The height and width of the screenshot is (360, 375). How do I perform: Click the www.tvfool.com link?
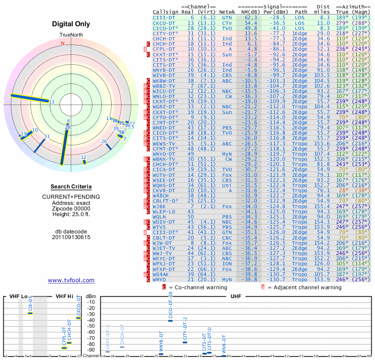pyautogui.click(x=71, y=280)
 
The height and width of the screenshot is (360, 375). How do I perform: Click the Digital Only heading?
pyautogui.click(x=71, y=23)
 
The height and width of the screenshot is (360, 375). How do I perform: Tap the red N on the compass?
pyautogui.click(x=62, y=43)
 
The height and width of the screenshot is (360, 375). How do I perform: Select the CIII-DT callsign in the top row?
pyautogui.click(x=165, y=17)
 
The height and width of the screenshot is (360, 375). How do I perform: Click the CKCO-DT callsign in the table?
pyautogui.click(x=165, y=22)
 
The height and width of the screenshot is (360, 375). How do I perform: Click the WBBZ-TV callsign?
pyautogui.click(x=165, y=86)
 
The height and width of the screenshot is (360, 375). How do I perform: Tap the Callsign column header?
pyautogui.click(x=165, y=12)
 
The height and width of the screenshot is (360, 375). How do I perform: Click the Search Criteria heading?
pyautogui.click(x=71, y=187)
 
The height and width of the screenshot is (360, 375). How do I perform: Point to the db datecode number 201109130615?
pyautogui.click(x=71, y=237)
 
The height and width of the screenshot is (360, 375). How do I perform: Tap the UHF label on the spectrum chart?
pyautogui.click(x=236, y=297)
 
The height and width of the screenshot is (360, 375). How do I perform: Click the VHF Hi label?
pyautogui.click(x=65, y=297)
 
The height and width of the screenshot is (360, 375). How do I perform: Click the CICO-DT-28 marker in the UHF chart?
pyautogui.click(x=171, y=320)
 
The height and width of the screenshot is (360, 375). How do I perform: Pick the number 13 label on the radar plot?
pyautogui.click(x=52, y=102)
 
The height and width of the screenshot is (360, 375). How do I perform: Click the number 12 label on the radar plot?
pyautogui.click(x=83, y=157)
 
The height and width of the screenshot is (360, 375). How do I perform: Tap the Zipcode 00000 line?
pyautogui.click(x=71, y=208)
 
